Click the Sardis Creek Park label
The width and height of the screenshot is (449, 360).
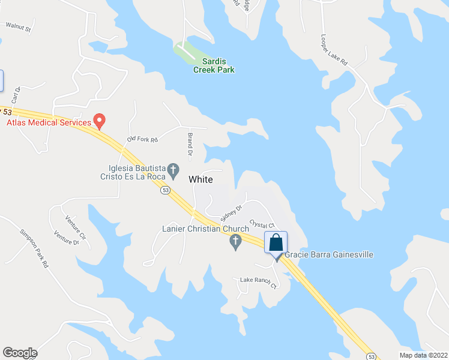(x=214, y=65)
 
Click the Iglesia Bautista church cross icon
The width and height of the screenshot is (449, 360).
(x=173, y=169)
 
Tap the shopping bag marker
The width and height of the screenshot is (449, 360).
(x=276, y=243)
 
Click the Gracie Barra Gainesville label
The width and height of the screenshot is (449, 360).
(x=329, y=255)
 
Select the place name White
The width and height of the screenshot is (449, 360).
(x=200, y=179)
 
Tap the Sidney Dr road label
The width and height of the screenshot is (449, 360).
(x=231, y=212)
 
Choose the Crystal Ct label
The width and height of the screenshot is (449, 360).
(x=262, y=224)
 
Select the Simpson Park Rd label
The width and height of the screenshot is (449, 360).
(x=34, y=248)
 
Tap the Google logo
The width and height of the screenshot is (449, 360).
(x=20, y=353)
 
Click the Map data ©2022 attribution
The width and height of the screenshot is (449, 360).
(x=423, y=355)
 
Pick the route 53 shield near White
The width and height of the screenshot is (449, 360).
(x=166, y=191)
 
